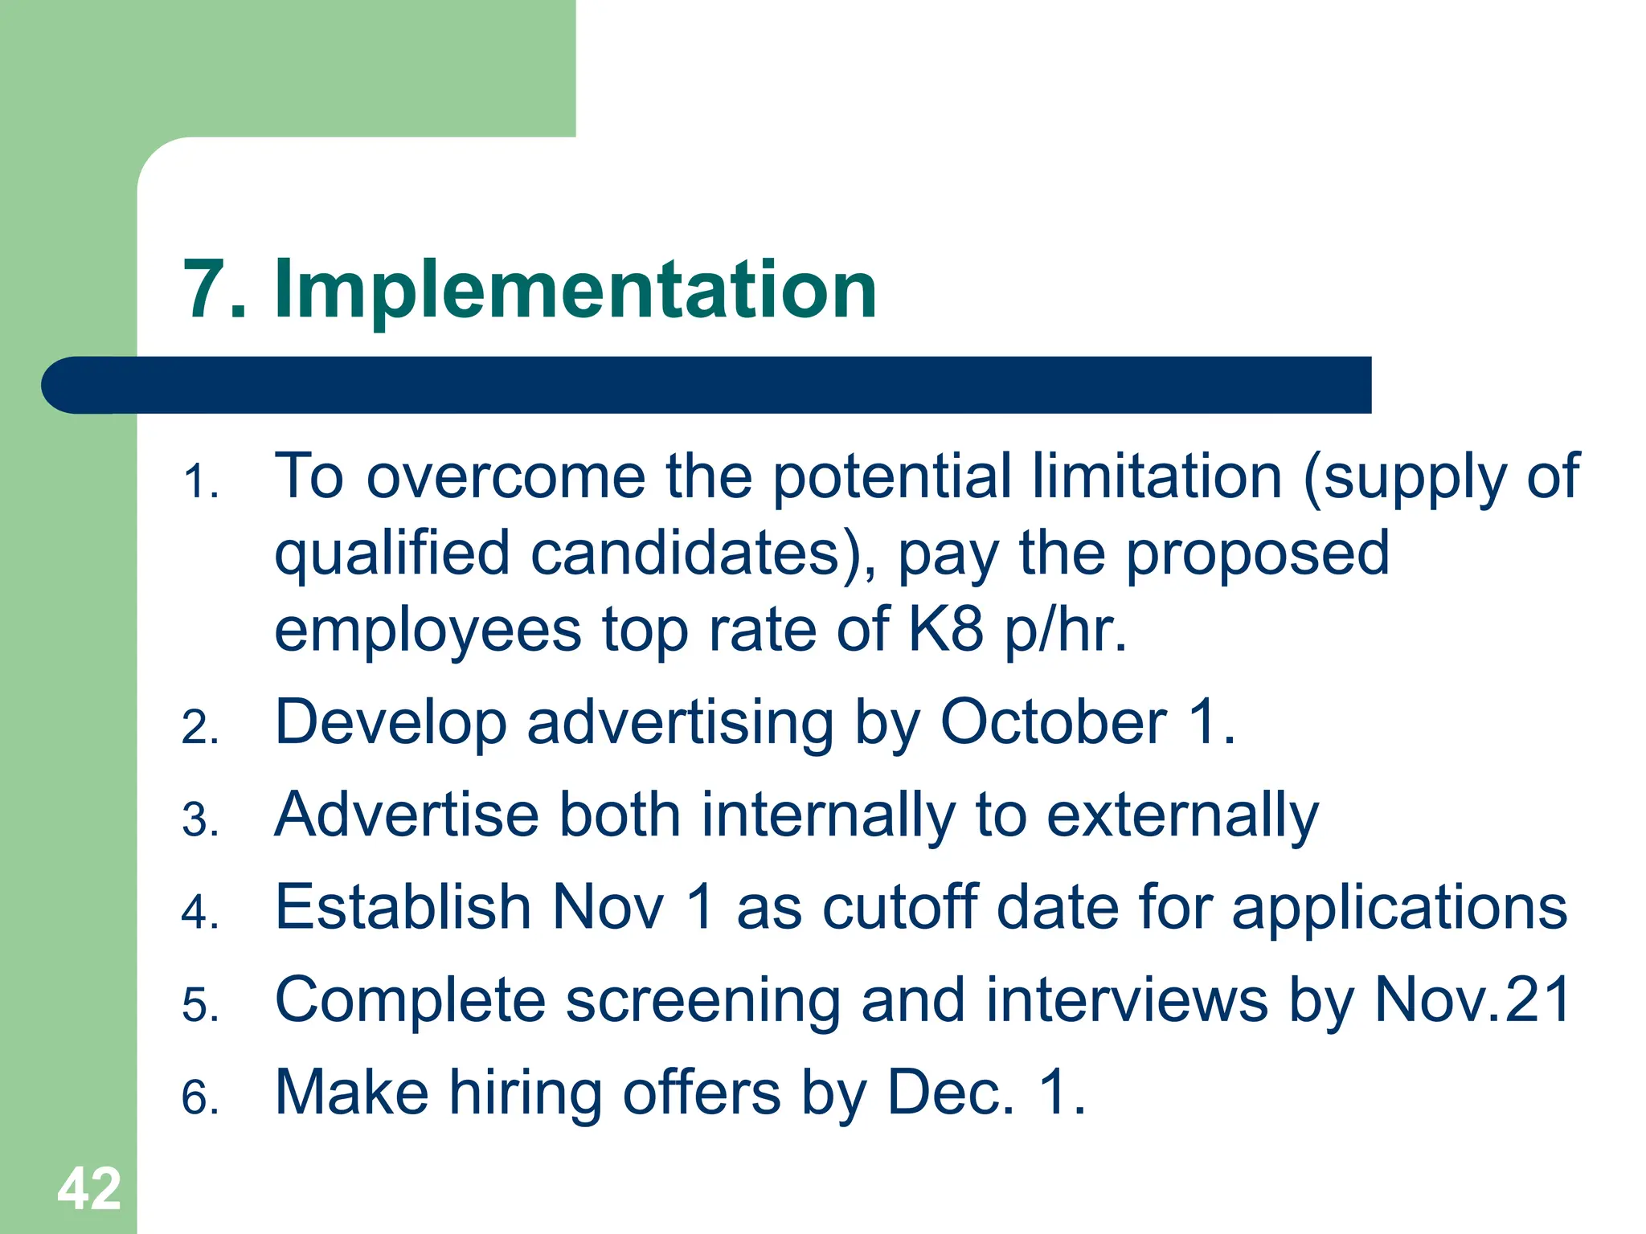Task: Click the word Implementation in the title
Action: (x=575, y=291)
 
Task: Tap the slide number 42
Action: (x=88, y=1188)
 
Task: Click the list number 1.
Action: (x=199, y=483)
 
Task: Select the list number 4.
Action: (x=199, y=913)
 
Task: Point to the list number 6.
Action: (x=199, y=1097)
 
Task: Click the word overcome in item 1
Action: (x=506, y=477)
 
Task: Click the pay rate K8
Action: (x=946, y=630)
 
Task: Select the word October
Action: (x=1053, y=722)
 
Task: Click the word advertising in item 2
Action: (x=680, y=724)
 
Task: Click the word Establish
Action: (x=403, y=908)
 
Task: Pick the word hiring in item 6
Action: (x=525, y=1094)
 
